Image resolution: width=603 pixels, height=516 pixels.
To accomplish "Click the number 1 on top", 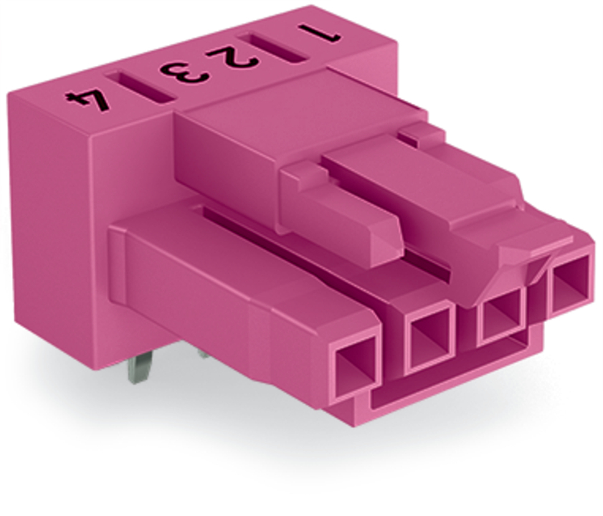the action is (319, 34).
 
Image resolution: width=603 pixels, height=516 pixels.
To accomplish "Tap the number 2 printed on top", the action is (232, 58).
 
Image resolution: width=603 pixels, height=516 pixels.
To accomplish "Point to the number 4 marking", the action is (87, 100).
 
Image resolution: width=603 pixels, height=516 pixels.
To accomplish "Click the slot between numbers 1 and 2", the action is (273, 48).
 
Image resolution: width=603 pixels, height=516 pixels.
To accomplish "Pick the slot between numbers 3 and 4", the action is (141, 87).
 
